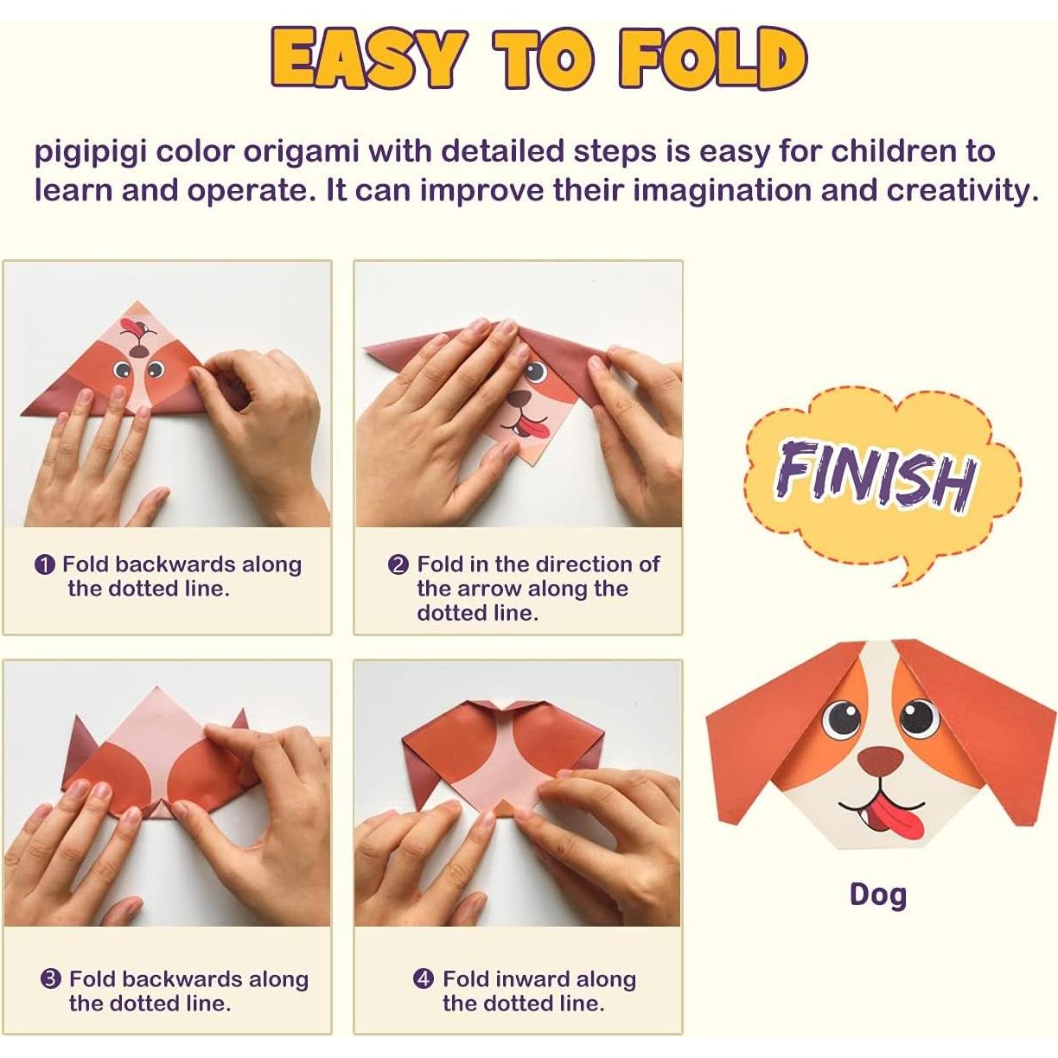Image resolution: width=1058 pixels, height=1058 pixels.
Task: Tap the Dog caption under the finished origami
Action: coord(877,894)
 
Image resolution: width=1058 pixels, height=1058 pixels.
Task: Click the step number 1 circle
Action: coord(45,565)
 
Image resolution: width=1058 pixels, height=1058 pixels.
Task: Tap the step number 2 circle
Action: coord(398,565)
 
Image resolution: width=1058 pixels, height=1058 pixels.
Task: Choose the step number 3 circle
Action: coord(51,979)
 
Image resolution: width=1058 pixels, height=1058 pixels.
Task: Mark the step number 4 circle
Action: coord(423,979)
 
